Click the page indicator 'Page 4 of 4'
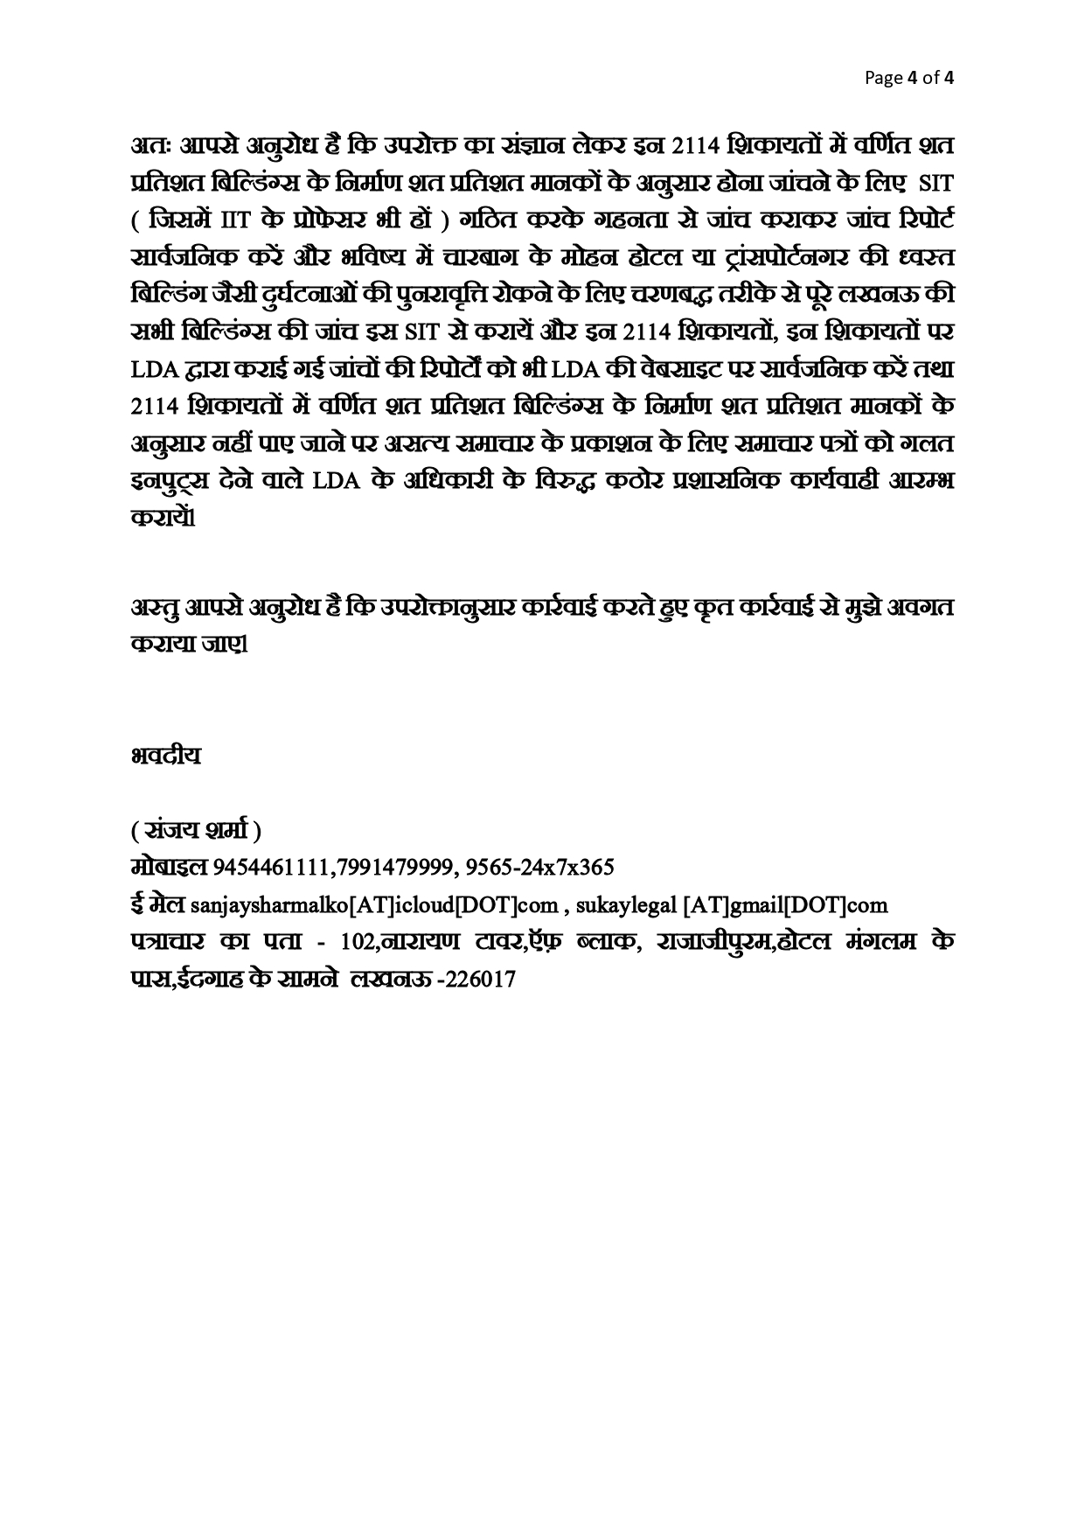[908, 78]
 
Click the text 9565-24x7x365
[540, 868]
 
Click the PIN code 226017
[481, 980]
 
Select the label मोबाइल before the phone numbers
[165, 867]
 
